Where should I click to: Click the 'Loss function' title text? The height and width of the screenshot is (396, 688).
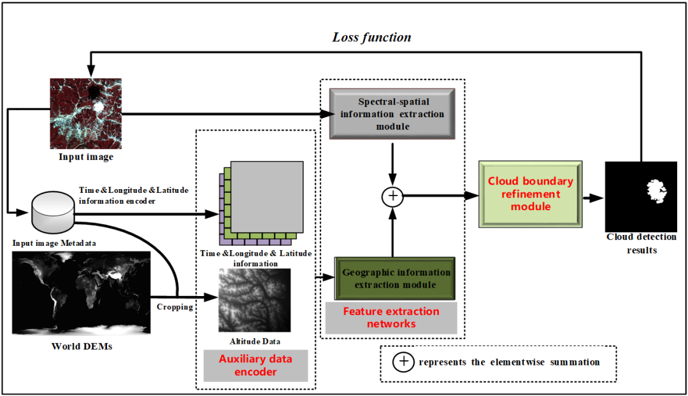[x=371, y=37]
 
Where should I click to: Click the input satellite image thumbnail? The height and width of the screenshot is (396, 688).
[x=85, y=114]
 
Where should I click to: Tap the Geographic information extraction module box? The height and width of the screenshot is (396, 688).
[x=395, y=278]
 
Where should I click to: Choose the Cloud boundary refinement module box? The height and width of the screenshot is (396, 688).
[x=530, y=194]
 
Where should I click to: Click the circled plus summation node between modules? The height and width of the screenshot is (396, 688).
[x=393, y=197]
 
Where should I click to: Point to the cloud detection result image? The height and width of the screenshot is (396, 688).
[x=640, y=196]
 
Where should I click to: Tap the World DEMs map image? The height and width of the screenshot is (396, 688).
[x=82, y=292]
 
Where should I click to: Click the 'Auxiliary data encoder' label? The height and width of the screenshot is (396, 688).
[x=255, y=365]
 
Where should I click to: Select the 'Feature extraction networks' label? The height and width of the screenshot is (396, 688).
[x=391, y=318]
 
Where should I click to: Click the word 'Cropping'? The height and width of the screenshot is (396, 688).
[x=175, y=306]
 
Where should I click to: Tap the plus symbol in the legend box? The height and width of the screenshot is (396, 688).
[x=404, y=362]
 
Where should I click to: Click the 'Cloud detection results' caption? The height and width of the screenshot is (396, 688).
[x=641, y=243]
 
